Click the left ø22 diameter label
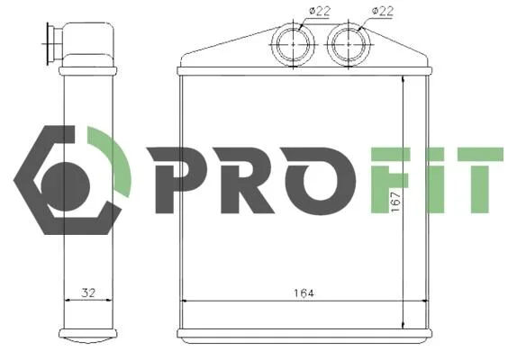320,11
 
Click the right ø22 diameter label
383,11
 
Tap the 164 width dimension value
304,292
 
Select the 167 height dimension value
395,202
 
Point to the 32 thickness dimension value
88,292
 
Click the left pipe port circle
293,43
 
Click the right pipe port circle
349,43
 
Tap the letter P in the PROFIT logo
177,180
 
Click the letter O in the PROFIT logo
320,181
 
